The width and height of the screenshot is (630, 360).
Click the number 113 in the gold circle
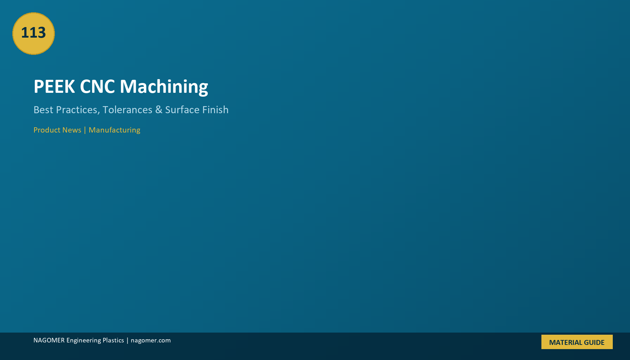(x=33, y=33)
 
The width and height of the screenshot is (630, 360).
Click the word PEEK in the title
(x=54, y=86)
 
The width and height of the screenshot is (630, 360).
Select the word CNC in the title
(x=97, y=86)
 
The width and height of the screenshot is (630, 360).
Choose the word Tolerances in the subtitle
(x=127, y=110)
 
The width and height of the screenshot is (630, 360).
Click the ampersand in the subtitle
(x=159, y=110)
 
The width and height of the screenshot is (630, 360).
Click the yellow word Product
(x=47, y=130)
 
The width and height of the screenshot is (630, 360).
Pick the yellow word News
(x=72, y=130)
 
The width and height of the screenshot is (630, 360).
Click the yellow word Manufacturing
(x=114, y=130)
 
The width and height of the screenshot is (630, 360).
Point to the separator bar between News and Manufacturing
(x=85, y=130)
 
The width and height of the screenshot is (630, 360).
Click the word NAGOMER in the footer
(x=49, y=340)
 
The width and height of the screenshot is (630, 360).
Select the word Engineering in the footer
(x=84, y=341)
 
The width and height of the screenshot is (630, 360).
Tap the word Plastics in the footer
(x=113, y=340)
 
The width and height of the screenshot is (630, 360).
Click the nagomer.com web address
(x=151, y=341)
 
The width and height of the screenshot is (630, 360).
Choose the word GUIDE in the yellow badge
(x=594, y=342)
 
